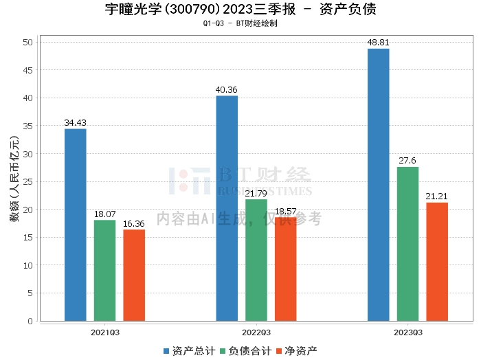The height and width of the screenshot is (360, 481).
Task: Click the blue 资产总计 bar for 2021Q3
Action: (x=76, y=225)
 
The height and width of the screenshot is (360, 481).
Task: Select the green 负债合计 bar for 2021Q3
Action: (x=105, y=270)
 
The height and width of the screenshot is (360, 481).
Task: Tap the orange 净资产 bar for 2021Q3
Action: (x=134, y=275)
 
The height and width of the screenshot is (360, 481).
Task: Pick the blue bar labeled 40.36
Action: (x=227, y=208)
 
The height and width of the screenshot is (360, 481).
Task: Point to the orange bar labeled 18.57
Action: (x=285, y=269)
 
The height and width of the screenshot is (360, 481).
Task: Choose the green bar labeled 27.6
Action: (x=407, y=244)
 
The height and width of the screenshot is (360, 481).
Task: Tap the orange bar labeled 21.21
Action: (x=437, y=262)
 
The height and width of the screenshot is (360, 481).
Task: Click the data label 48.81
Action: (x=378, y=42)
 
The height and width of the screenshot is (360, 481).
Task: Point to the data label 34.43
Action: (x=76, y=123)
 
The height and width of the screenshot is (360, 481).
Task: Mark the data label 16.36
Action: (x=134, y=223)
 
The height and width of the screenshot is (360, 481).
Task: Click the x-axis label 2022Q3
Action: (x=256, y=333)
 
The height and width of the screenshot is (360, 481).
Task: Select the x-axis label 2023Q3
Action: (x=407, y=333)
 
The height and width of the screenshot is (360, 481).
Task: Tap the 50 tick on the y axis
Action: (x=28, y=42)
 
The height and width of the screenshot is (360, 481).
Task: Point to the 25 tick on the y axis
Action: (x=28, y=181)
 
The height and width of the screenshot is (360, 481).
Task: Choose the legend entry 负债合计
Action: (x=245, y=350)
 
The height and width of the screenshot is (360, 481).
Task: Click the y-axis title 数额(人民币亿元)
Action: (x=14, y=181)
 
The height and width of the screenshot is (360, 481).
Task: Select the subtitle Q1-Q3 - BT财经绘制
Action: (x=240, y=24)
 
